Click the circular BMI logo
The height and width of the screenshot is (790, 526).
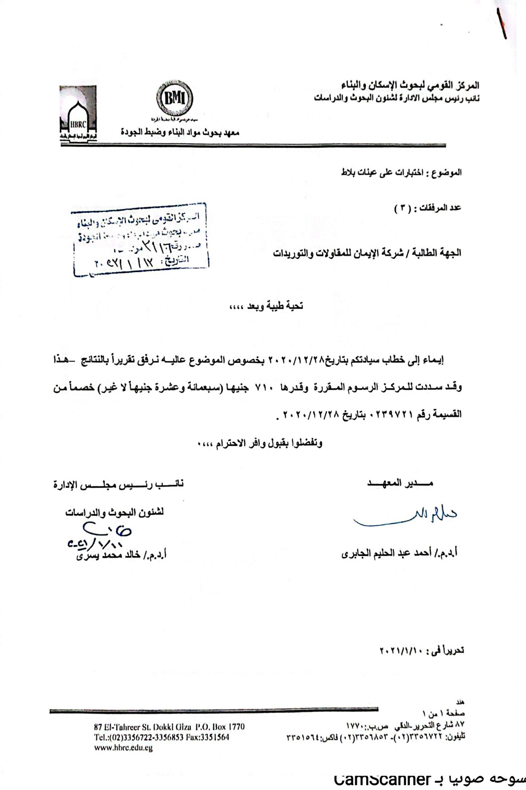click(175, 98)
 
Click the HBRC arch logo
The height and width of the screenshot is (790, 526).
click(78, 115)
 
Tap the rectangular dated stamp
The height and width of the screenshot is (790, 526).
click(140, 239)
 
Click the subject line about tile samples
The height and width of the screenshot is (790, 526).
click(401, 172)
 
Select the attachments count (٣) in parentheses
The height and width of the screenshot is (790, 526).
click(402, 208)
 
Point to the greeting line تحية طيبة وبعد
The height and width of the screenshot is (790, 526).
click(266, 306)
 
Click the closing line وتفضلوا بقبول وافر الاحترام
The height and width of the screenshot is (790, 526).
click(260, 443)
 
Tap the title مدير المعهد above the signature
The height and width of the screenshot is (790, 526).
click(400, 483)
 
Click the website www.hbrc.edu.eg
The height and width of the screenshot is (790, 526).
click(123, 748)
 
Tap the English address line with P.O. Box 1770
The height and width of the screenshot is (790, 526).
click(169, 727)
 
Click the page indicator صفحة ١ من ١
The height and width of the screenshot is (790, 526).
click(444, 713)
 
